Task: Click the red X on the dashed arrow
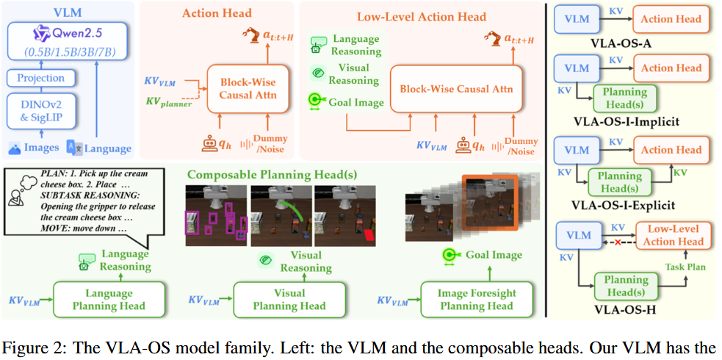(x=616, y=242)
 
